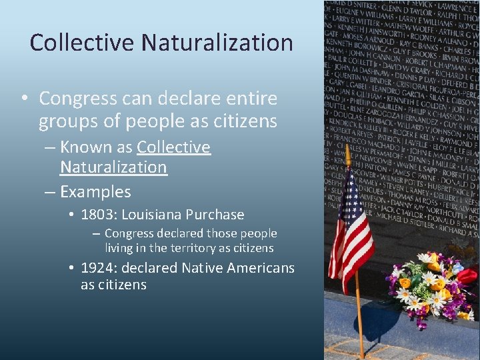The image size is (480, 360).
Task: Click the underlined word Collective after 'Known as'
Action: (x=173, y=147)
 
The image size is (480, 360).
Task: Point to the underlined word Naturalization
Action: (x=113, y=167)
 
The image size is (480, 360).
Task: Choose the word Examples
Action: (x=95, y=192)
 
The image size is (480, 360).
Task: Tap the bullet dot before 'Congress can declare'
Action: (x=23, y=99)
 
